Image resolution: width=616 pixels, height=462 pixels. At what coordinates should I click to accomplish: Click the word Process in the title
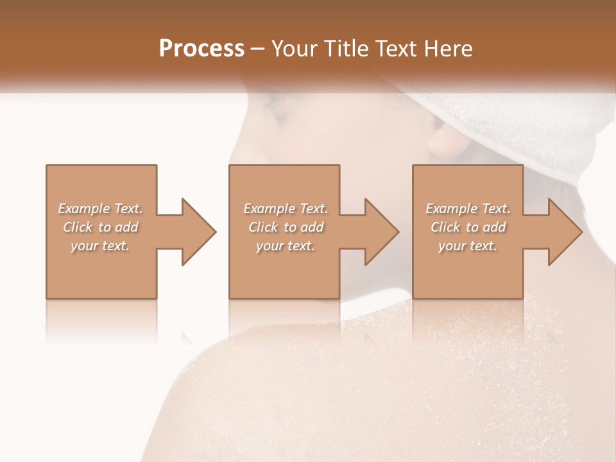click(x=201, y=48)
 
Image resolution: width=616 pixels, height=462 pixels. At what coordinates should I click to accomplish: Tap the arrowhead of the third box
click(x=564, y=232)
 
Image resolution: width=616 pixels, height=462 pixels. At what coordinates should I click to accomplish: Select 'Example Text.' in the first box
click(x=101, y=209)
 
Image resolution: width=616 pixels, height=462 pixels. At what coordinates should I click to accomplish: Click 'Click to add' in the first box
click(x=101, y=227)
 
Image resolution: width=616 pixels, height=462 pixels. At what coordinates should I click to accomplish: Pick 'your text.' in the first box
click(x=101, y=246)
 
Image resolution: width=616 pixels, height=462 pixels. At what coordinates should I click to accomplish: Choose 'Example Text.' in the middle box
click(x=285, y=209)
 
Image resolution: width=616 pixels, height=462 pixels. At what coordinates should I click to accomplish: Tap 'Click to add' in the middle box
click(x=285, y=227)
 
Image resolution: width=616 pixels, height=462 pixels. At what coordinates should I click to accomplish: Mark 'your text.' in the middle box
click(x=285, y=246)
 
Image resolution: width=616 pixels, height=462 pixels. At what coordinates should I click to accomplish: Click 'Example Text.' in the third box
click(x=468, y=209)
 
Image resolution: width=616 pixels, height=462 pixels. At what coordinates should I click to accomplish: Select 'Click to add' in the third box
click(x=468, y=227)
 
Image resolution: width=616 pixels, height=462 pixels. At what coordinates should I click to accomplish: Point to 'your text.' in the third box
click(x=468, y=246)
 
